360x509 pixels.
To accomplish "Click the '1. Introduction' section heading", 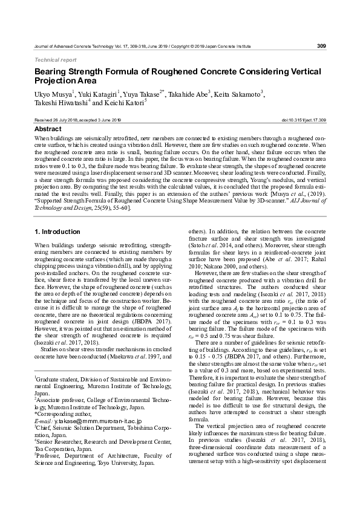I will (x=56, y=232).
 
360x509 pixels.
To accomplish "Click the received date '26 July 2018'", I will (x=62, y=121).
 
